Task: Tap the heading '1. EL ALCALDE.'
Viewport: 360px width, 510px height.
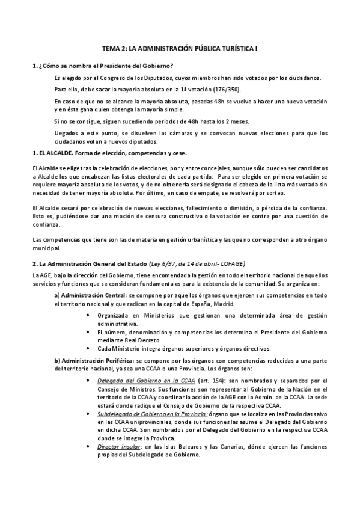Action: [52, 153]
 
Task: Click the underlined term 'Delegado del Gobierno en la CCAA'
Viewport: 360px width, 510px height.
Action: [138, 381]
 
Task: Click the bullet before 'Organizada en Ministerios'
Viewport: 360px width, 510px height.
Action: [90, 315]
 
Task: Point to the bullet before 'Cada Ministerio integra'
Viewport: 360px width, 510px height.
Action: [90, 348]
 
